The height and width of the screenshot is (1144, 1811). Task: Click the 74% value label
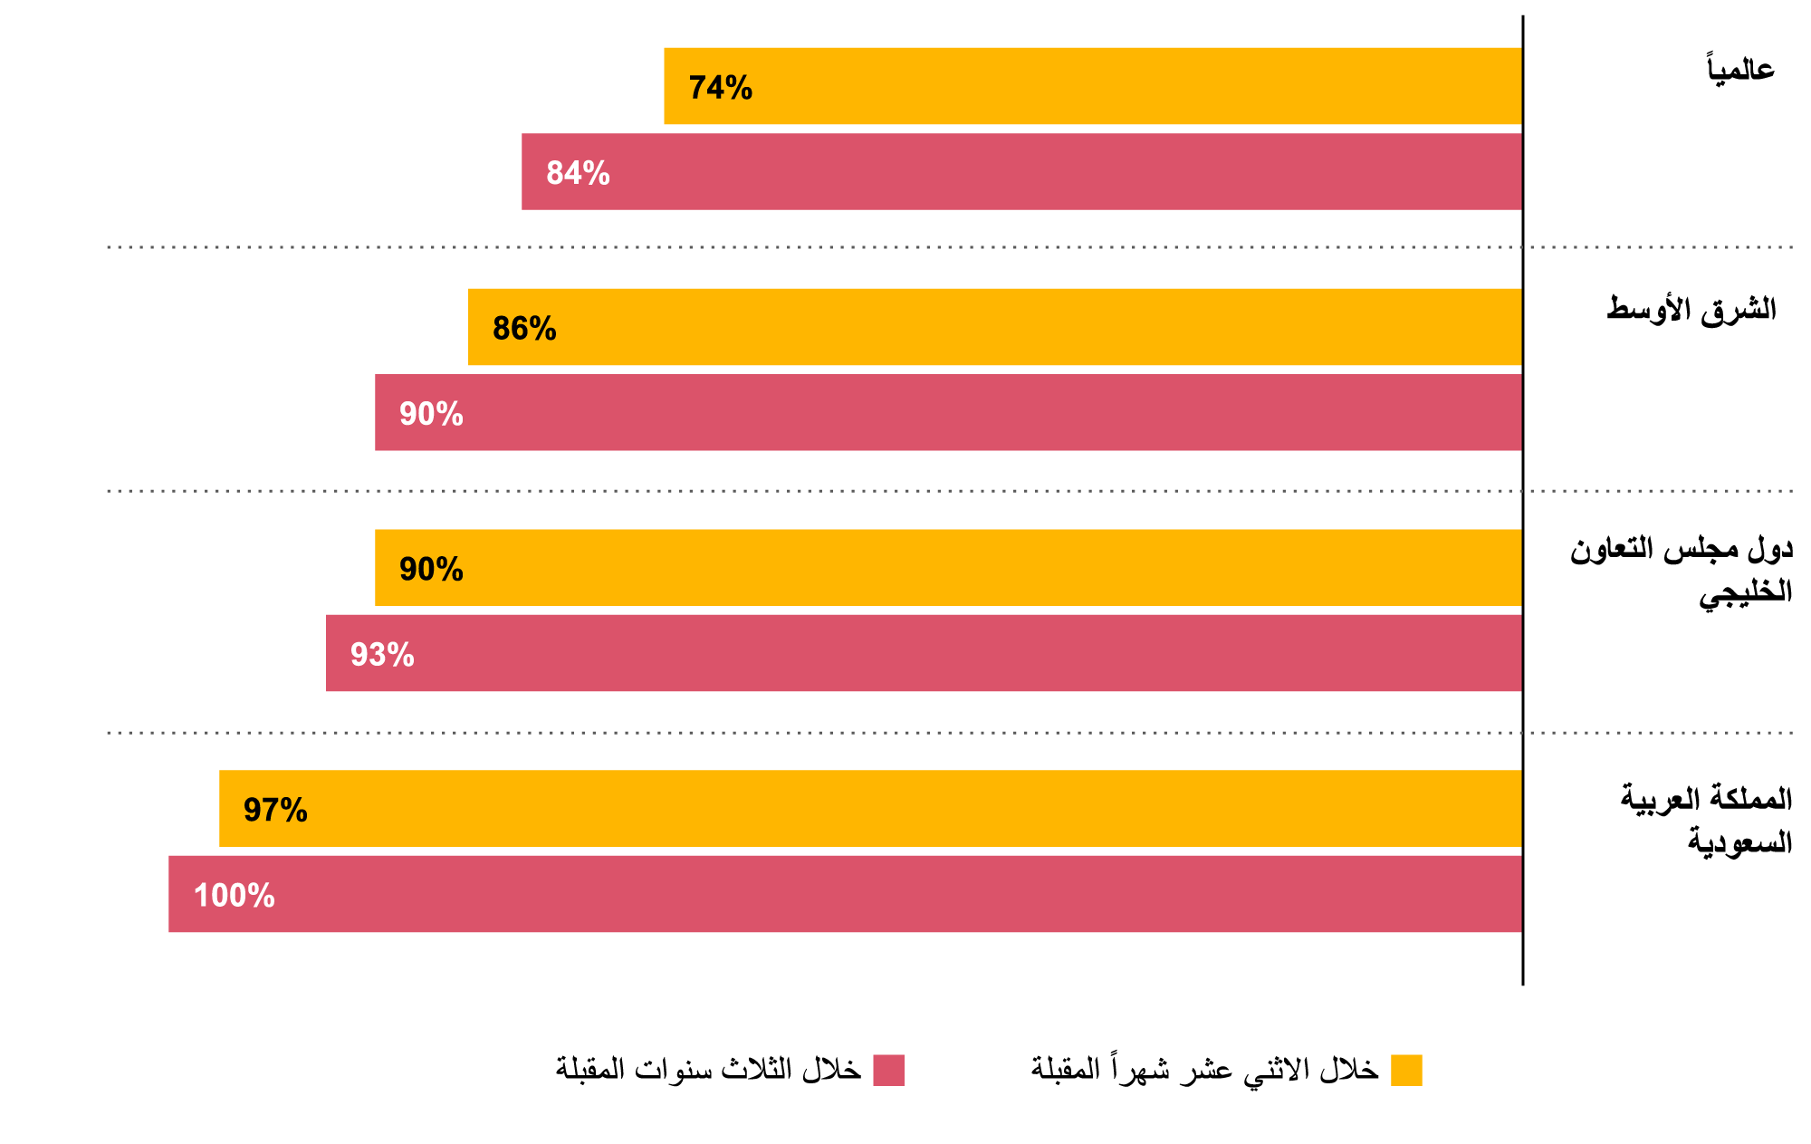click(720, 88)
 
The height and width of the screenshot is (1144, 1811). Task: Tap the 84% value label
click(578, 173)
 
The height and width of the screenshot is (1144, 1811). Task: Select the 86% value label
click(524, 329)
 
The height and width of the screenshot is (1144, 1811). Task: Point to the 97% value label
click(275, 810)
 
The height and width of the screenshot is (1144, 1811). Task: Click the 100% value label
click(234, 896)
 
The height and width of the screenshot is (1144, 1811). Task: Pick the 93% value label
click(382, 655)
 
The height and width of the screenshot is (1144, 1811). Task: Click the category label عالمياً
click(1739, 69)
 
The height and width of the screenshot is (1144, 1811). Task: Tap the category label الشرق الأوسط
click(1691, 310)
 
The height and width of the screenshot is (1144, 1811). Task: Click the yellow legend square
click(1406, 1070)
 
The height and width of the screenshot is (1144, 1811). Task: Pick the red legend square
click(888, 1070)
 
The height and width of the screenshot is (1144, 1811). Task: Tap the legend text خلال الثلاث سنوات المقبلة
click(708, 1069)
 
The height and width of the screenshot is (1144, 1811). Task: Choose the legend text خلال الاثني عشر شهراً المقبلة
click(1204, 1069)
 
